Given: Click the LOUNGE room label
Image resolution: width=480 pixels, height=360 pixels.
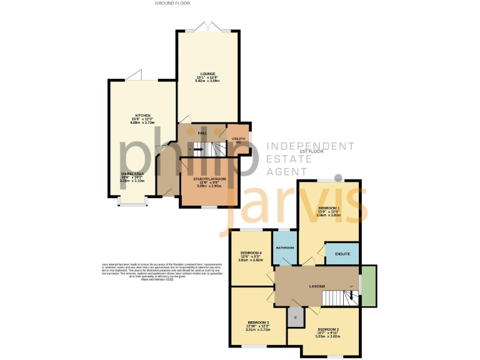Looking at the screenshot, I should click(208, 74).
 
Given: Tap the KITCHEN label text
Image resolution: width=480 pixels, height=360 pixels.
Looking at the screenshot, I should click(143, 116).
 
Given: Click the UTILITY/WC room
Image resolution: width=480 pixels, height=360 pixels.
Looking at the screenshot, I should click(238, 139).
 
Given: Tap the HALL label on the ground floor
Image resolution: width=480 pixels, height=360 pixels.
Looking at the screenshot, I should click(202, 133).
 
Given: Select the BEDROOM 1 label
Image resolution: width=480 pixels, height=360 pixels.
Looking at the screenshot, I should click(329, 207).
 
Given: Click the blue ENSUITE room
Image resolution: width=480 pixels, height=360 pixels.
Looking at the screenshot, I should click(342, 253).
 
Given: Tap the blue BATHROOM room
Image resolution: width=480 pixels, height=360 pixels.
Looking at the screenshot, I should click(285, 247).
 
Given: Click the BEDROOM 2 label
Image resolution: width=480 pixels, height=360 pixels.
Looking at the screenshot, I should click(328, 329).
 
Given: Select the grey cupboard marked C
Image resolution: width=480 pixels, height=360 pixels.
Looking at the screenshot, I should click(295, 317).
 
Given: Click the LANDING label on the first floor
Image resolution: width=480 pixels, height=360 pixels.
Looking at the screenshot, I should click(317, 287).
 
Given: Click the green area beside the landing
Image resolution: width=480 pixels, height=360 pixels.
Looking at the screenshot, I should click(369, 286).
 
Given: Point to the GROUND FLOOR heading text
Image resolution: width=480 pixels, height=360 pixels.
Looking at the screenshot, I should click(172, 3).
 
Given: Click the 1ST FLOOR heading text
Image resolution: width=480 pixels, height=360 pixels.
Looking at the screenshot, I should click(311, 152).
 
